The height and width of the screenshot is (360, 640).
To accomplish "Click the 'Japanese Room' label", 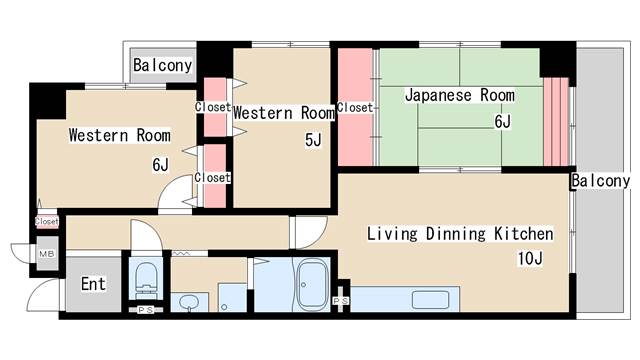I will [x=459, y=96].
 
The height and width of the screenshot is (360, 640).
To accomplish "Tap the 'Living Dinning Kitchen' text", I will [x=459, y=234].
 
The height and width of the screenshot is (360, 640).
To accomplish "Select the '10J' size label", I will [x=529, y=260].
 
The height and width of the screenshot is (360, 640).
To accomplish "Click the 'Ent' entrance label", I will [x=93, y=284].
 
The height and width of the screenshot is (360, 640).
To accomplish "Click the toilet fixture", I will [x=145, y=278].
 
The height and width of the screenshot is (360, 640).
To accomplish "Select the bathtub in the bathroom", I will [x=313, y=284].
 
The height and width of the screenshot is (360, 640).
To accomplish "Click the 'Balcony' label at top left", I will [x=163, y=65].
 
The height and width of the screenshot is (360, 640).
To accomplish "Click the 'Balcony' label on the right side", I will [x=601, y=181].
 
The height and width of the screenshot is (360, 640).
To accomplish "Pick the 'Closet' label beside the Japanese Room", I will [x=355, y=107].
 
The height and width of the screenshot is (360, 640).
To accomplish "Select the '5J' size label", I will [x=313, y=140].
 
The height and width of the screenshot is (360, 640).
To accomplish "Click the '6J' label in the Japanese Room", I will [x=501, y=122].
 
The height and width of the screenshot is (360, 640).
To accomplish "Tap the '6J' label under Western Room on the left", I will [x=160, y=164].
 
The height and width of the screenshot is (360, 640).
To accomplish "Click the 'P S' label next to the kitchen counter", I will [x=341, y=300].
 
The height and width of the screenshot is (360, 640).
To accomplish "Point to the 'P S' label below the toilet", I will [x=146, y=309].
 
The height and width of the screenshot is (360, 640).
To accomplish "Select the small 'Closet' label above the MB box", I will [x=46, y=221].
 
